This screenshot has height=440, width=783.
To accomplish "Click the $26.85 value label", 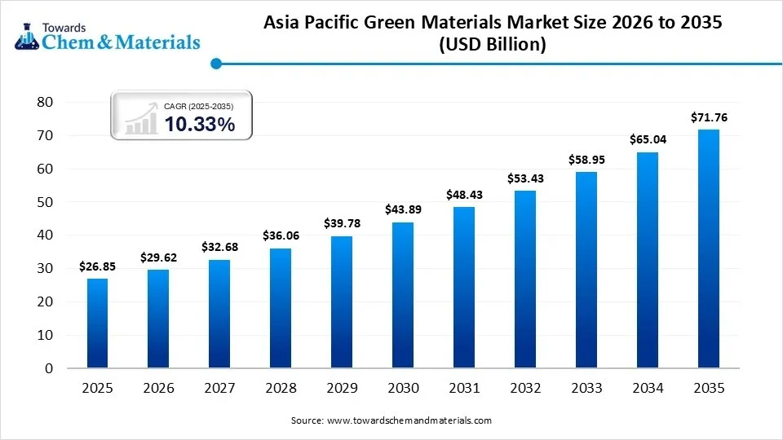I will [97, 266].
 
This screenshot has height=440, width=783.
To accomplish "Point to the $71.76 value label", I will [709, 117].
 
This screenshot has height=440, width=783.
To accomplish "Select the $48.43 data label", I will [464, 195].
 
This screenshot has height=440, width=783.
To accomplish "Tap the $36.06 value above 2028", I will [281, 235].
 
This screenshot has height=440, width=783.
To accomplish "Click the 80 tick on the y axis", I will [45, 102].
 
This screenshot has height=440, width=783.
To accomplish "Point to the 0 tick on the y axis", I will [49, 368].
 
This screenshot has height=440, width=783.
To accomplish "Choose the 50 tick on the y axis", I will [45, 202].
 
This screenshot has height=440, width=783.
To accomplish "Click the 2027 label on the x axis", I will [219, 389].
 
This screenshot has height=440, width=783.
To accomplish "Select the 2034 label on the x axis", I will [648, 389].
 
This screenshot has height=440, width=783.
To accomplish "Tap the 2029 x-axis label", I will [342, 389].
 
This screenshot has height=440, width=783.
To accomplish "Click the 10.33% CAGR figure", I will [200, 125].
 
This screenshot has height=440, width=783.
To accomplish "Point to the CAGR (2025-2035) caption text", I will [199, 106].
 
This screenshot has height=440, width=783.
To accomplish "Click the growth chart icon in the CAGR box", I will [140, 119].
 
